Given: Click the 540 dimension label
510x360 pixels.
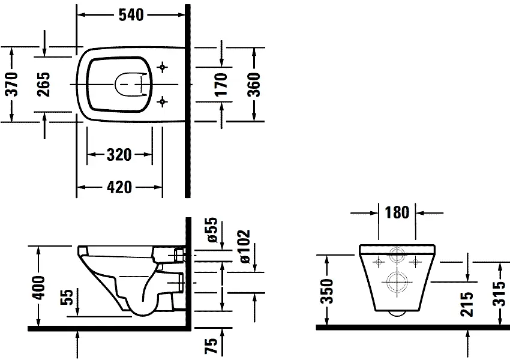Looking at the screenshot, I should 131,15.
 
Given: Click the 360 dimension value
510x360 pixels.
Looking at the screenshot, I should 254,85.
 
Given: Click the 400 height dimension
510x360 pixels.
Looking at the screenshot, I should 39,287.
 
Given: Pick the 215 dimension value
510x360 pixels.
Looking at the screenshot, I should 468,304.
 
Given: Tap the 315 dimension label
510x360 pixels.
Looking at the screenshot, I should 500,293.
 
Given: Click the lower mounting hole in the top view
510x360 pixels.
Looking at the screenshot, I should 161,102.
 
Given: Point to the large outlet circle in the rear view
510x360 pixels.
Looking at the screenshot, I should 397,280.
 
